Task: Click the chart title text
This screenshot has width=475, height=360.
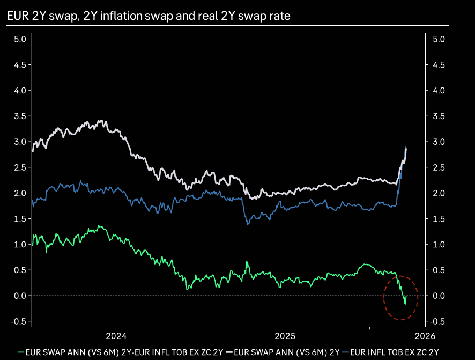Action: [149, 16]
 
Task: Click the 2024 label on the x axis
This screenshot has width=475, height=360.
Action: [116, 336]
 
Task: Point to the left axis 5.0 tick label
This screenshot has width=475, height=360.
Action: [20, 39]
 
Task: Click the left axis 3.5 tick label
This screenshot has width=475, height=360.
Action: [20, 116]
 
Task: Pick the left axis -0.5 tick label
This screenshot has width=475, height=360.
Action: [19, 321]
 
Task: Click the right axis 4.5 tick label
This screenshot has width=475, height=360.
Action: [439, 65]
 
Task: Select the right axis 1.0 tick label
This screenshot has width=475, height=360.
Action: [439, 244]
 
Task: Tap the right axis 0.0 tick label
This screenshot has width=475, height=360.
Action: [439, 296]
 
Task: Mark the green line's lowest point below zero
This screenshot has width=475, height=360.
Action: [405, 304]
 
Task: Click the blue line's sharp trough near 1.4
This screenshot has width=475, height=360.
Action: [248, 224]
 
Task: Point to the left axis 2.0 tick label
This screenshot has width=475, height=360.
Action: [20, 193]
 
